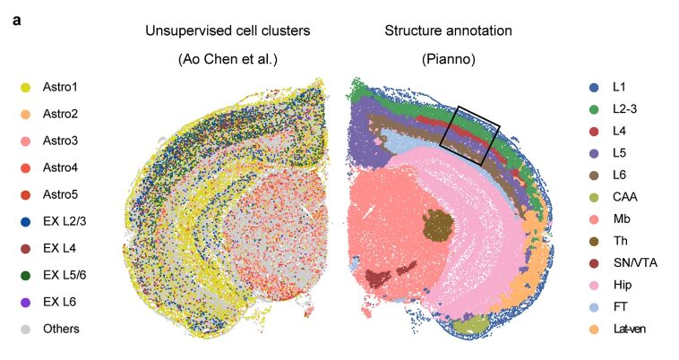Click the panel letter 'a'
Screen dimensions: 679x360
point(16,21)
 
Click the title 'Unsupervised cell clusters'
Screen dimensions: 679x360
point(228,30)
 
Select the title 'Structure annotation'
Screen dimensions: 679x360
point(448,30)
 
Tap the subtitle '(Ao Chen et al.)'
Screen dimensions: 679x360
point(228,59)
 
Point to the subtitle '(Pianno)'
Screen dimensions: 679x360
point(449,59)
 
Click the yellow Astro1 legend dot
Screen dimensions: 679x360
point(26,88)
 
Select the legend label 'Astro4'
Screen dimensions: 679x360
point(60,167)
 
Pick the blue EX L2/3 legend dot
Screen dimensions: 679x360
point(26,222)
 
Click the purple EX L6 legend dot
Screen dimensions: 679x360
point(26,303)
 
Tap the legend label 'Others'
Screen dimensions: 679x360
point(61,329)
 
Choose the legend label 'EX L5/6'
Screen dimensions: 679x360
point(64,275)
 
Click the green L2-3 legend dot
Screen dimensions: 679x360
point(594,110)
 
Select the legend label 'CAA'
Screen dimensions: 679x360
point(625,197)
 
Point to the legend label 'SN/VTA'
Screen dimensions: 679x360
point(635,262)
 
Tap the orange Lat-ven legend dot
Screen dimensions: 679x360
point(594,330)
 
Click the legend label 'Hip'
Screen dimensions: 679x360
point(623,285)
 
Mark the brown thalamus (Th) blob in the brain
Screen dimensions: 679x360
point(439,225)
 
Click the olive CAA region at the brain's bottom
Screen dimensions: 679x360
point(470,324)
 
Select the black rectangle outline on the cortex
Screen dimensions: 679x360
point(470,135)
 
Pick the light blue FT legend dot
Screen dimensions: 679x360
point(594,308)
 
